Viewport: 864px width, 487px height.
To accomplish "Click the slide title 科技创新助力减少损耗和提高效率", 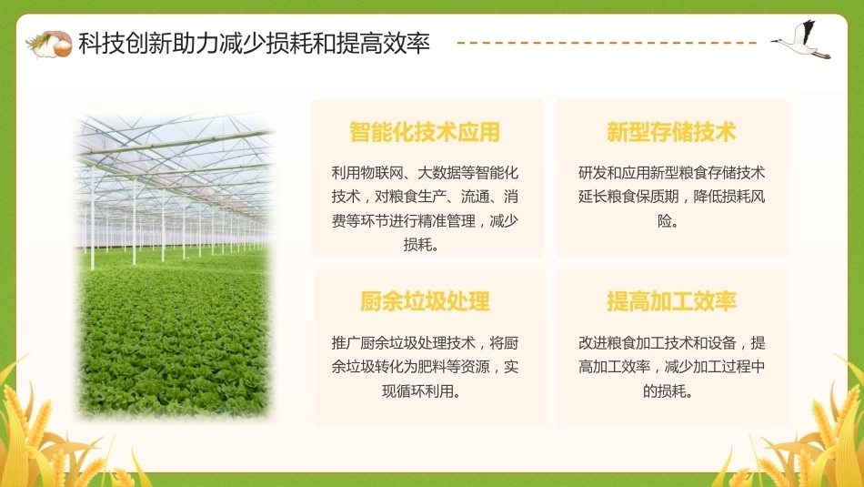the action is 254,43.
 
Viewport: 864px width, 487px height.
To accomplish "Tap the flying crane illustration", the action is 802,40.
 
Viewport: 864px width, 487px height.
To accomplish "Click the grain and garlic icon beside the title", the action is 49,44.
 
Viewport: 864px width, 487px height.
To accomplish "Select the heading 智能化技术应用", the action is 425,132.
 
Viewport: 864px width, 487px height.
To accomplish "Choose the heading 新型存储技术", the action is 671,132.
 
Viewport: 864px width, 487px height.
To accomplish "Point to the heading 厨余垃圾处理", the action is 425,301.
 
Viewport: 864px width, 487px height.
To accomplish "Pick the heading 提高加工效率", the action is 671,301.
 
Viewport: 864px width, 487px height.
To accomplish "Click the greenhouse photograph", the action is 174,265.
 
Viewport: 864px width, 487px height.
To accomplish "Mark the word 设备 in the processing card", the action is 721,343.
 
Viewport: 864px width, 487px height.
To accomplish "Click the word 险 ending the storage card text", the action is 665,221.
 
